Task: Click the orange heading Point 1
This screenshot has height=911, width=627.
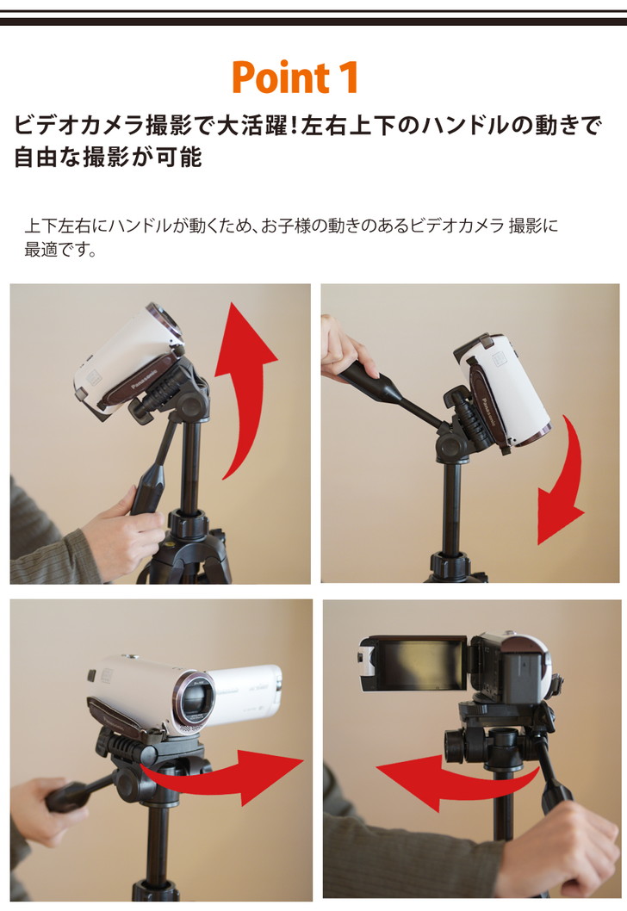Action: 295,77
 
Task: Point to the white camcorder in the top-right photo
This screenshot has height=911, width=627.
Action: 504,392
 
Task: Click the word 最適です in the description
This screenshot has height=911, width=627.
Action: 60,252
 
